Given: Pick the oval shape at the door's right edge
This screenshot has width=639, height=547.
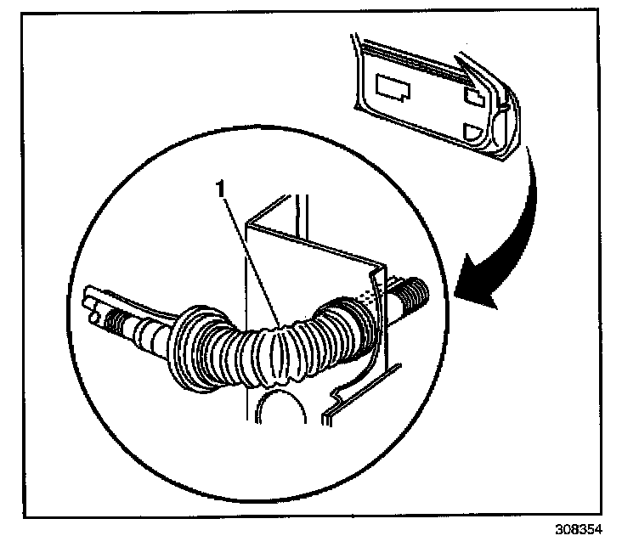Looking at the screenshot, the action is [x=506, y=105].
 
